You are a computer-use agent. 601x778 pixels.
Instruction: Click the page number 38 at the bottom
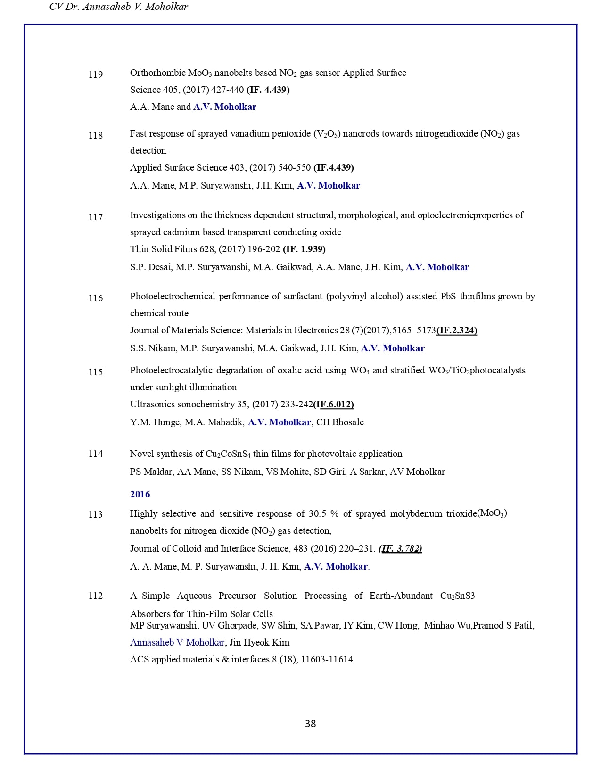310,724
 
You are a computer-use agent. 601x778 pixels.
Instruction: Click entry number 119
96,74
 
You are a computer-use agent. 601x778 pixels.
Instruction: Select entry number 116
96,298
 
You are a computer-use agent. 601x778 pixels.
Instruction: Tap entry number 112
96,596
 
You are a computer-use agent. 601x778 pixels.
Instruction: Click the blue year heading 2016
140,494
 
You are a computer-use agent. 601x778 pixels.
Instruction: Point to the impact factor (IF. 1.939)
304,249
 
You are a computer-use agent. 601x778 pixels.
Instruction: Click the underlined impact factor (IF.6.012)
334,404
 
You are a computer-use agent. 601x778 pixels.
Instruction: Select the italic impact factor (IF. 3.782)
400,548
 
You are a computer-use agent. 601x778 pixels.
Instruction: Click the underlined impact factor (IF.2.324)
457,330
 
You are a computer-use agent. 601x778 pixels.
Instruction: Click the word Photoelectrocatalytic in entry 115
171,370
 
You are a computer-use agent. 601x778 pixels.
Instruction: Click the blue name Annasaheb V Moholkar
177,642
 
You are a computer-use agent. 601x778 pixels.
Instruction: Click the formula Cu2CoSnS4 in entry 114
228,454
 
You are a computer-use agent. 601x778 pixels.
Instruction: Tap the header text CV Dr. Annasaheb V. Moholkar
119,7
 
